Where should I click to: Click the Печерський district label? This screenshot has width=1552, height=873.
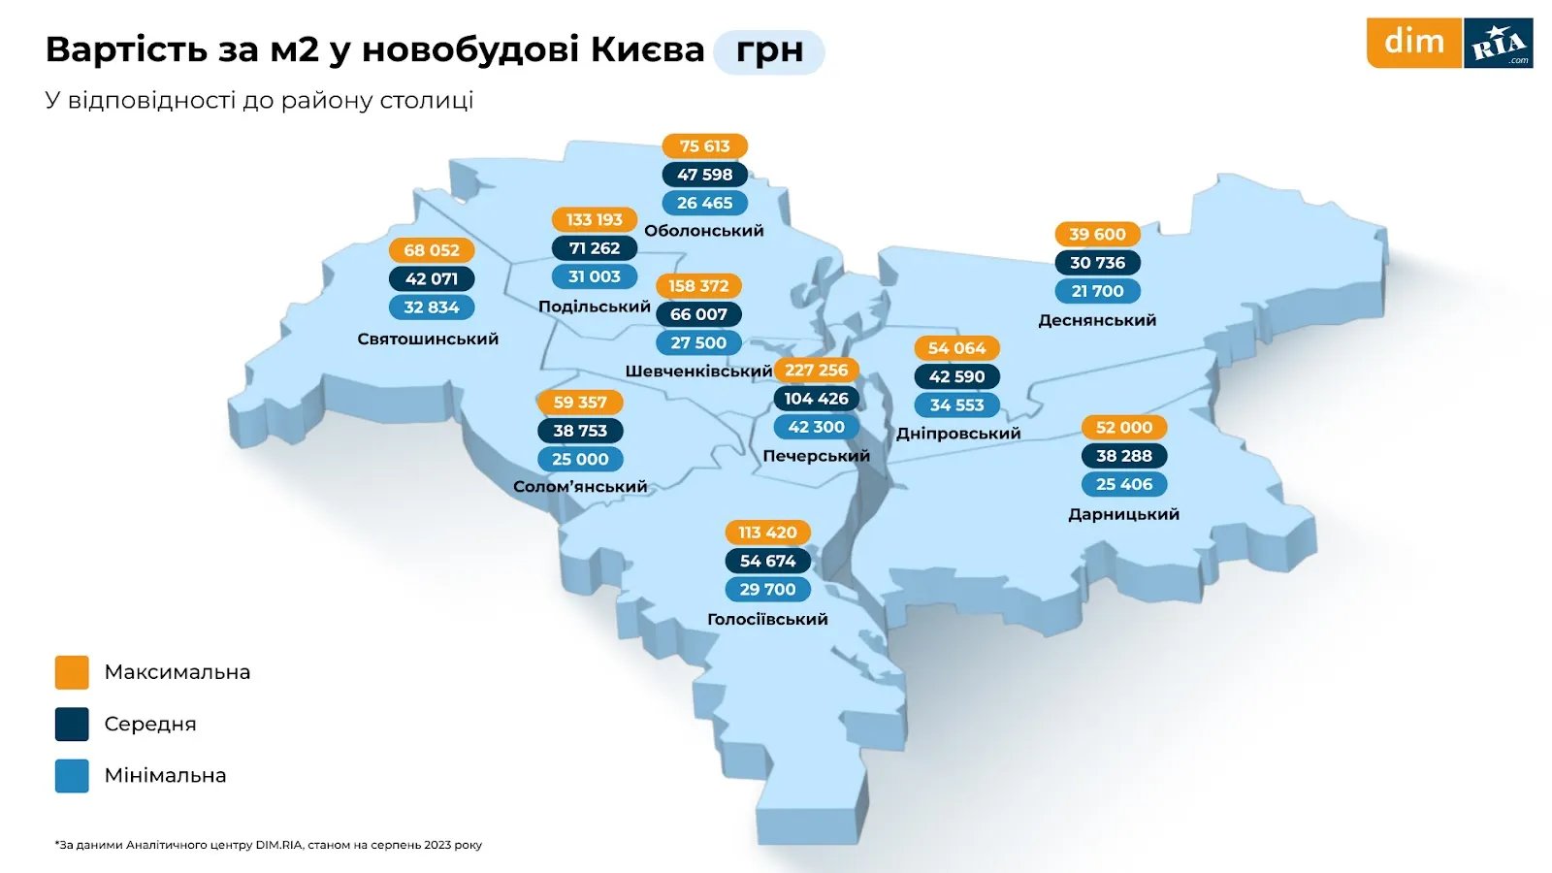[x=816, y=456]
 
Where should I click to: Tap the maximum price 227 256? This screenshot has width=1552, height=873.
[x=816, y=370]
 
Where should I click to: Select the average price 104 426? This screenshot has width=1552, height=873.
[x=816, y=399]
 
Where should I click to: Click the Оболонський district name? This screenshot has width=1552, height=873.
[x=704, y=231]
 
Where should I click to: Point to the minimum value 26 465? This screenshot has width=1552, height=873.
[x=704, y=203]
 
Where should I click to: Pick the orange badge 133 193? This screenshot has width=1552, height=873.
[x=594, y=220]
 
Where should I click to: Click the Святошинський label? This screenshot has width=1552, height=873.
[x=428, y=339]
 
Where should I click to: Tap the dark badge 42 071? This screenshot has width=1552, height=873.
[x=432, y=279]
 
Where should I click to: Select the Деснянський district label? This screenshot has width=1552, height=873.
[x=1097, y=320]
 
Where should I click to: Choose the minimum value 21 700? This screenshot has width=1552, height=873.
[x=1097, y=291]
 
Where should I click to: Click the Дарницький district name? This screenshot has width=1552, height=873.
[x=1123, y=514]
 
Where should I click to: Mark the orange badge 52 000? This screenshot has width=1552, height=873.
[x=1123, y=428]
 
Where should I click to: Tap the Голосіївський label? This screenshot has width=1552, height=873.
[x=767, y=619]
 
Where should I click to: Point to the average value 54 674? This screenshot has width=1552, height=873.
[x=767, y=561]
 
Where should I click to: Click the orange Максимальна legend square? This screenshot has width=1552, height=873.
[x=72, y=672]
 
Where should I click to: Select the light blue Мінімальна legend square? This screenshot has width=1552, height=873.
[x=72, y=776]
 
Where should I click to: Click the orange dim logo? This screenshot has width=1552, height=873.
[x=1413, y=43]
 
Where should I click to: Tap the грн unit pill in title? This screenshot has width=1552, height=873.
[x=769, y=51]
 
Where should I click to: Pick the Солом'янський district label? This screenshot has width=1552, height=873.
[x=580, y=487]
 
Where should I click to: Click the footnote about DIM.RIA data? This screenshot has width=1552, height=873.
[x=269, y=845]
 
